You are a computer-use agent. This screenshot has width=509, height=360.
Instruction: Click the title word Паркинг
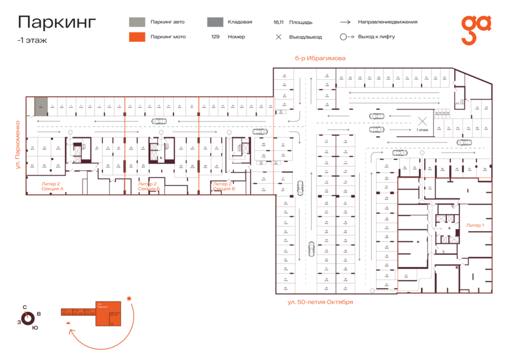tap(57, 23)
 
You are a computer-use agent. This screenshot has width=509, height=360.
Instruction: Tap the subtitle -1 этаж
tap(32, 40)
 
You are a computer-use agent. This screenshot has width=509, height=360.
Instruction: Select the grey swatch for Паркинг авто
tap(136, 22)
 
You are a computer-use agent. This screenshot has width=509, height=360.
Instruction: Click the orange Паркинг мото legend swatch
tap(136, 37)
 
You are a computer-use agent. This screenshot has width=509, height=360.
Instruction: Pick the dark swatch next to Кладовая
tap(214, 22)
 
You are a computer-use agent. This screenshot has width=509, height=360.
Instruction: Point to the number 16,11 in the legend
tap(278, 23)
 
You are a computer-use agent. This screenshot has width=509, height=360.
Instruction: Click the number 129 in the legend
tap(215, 37)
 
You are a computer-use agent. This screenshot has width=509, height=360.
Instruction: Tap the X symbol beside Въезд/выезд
tap(278, 37)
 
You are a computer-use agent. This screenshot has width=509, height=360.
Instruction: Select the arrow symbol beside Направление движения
tap(346, 22)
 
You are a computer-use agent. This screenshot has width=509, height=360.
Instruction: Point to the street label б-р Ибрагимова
tap(320, 58)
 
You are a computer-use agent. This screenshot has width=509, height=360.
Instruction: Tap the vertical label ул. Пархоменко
tap(19, 145)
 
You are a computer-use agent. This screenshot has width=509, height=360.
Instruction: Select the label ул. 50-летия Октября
tap(321, 302)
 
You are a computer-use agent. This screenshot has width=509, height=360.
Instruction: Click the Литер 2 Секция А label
tap(52, 186)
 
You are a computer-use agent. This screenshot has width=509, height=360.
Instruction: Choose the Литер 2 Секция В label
tap(223, 186)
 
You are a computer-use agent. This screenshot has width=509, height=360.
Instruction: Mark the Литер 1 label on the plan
tap(475, 225)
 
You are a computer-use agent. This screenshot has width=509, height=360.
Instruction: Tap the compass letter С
tap(25, 307)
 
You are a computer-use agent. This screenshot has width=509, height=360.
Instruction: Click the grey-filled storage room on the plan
tap(41, 105)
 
